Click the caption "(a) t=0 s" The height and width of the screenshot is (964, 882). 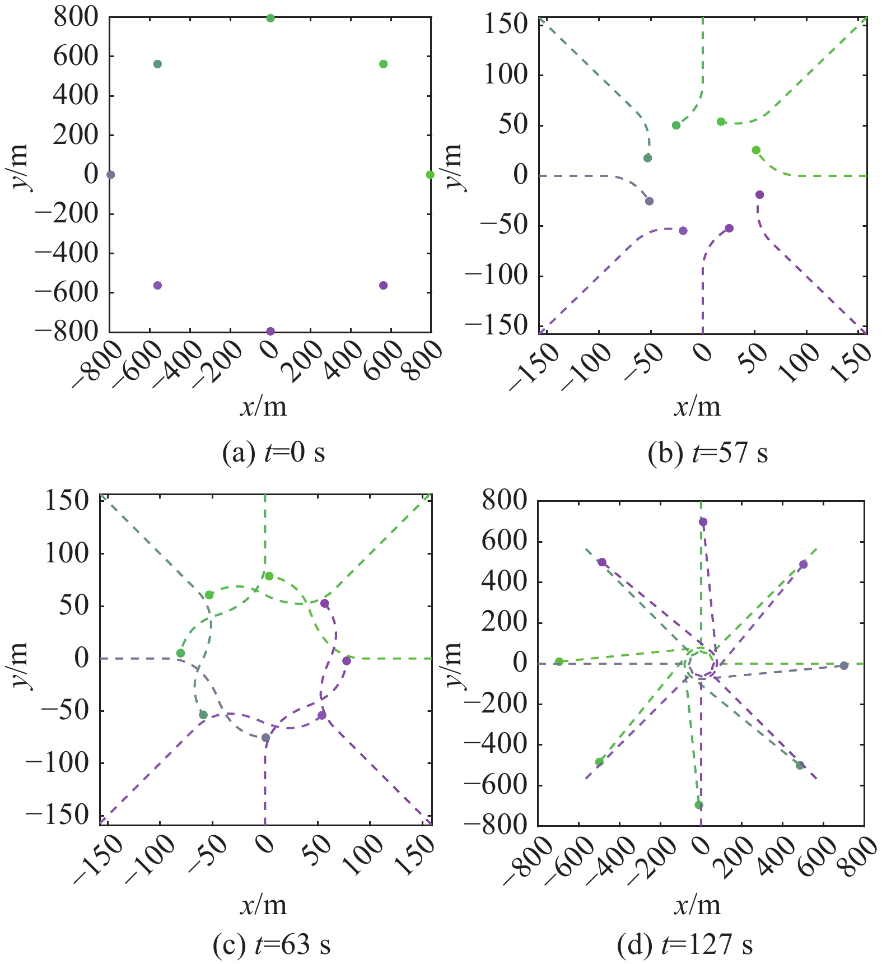click(x=273, y=452)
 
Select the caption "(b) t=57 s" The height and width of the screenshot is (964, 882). click(x=708, y=452)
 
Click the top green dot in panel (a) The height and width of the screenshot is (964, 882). click(x=270, y=18)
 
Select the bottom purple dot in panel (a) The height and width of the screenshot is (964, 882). click(x=270, y=331)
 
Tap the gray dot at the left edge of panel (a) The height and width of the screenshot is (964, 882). click(x=111, y=175)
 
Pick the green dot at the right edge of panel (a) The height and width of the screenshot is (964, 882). click(x=430, y=175)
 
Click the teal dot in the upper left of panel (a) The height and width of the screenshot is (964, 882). click(x=157, y=64)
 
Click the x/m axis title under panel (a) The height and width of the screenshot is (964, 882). click(x=263, y=406)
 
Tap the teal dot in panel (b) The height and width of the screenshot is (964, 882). click(x=647, y=158)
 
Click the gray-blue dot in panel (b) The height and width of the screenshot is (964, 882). click(x=649, y=201)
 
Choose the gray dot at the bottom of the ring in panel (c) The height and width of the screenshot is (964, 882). click(x=265, y=738)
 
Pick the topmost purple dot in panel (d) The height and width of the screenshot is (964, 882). click(x=703, y=522)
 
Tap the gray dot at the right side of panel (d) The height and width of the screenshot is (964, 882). click(x=844, y=665)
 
